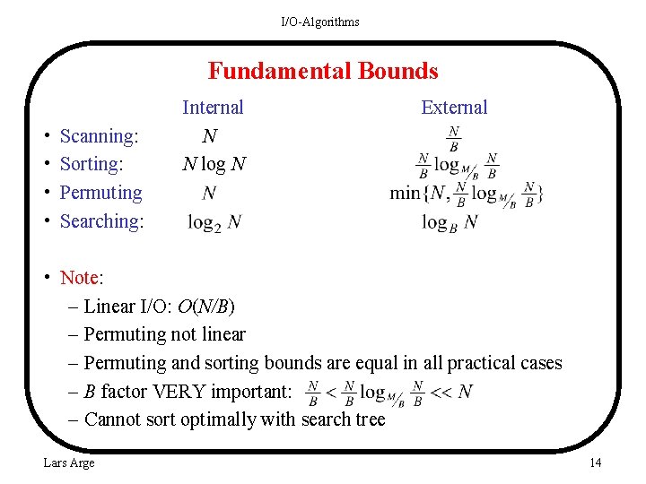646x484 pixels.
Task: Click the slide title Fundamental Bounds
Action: tap(323, 71)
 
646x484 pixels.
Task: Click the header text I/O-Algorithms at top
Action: tap(320, 22)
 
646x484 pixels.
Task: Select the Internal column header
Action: tap(213, 108)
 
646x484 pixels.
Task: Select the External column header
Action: tap(454, 108)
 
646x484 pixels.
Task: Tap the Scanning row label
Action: tap(99, 136)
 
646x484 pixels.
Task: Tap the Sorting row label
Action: tap(91, 164)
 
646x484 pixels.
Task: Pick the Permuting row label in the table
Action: tap(100, 193)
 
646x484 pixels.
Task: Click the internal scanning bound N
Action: tap(209, 136)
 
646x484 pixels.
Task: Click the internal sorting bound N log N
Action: tap(214, 164)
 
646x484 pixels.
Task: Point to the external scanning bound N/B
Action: tap(454, 138)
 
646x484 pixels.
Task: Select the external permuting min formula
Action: tap(467, 193)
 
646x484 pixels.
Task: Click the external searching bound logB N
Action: tap(450, 222)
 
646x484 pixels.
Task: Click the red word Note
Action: tap(79, 278)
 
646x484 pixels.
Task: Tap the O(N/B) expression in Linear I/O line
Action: tap(206, 307)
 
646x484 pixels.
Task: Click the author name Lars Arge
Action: tap(69, 462)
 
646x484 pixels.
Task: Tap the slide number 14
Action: tap(595, 462)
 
